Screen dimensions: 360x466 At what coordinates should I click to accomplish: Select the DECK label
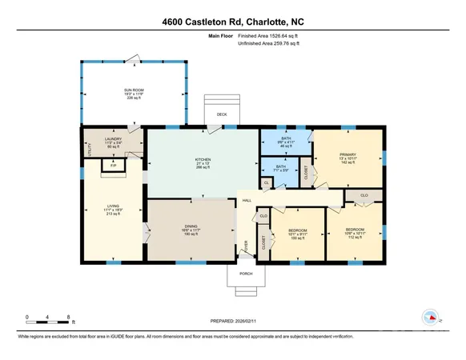click(222, 114)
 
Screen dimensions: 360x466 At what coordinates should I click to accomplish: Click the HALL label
click(247, 202)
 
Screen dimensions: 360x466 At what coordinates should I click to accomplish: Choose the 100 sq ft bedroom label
click(298, 233)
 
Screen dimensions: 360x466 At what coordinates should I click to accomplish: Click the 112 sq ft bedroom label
click(353, 233)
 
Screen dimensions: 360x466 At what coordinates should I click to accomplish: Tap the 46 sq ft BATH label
click(285, 141)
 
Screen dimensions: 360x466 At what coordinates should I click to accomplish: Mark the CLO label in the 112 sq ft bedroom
click(364, 195)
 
